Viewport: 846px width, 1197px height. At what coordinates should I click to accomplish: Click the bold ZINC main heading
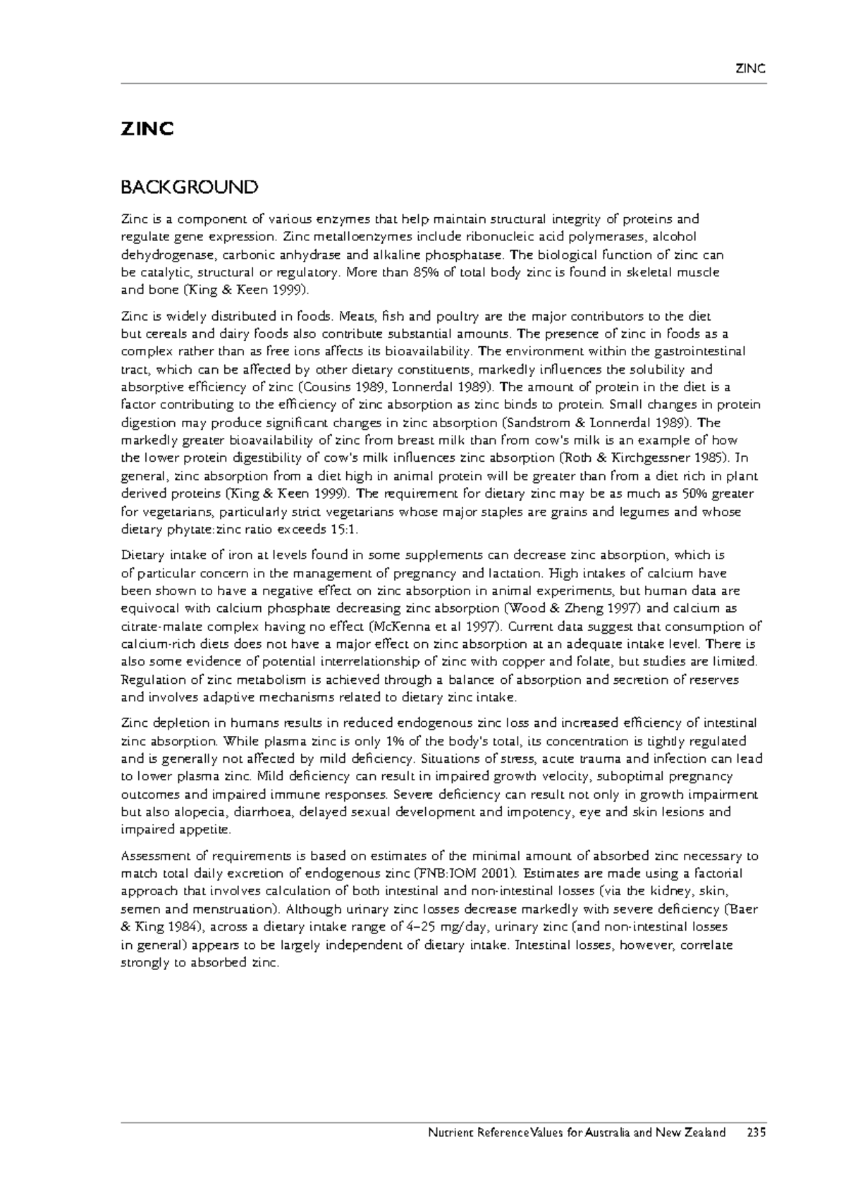pyautogui.click(x=147, y=130)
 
